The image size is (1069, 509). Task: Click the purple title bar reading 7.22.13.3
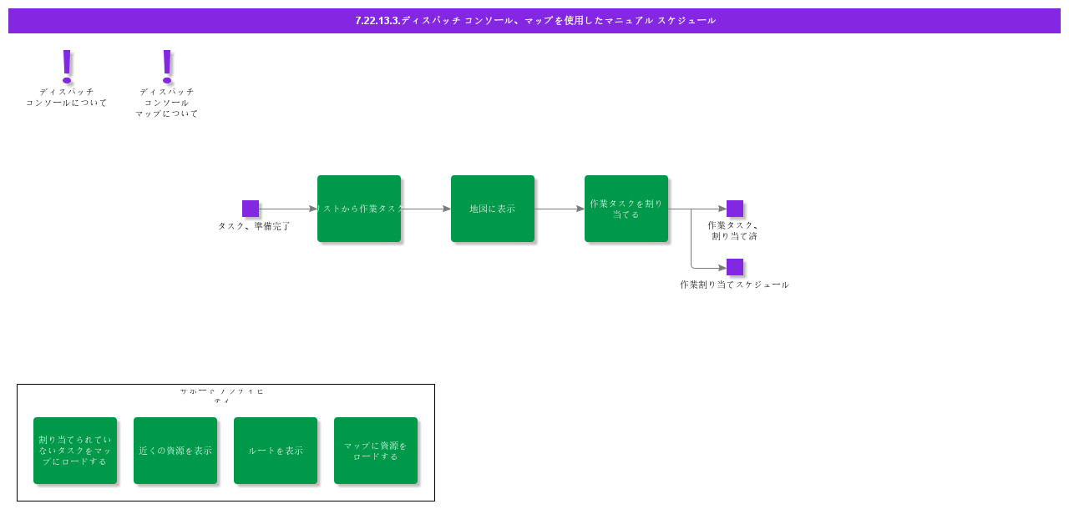point(534,21)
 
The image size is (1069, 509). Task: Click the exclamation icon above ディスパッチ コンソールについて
point(67,65)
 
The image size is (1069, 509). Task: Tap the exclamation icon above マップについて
point(167,65)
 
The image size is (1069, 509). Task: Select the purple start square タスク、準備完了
point(251,209)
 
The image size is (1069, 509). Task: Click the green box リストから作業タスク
point(359,209)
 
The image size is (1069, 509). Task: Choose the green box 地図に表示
point(493,209)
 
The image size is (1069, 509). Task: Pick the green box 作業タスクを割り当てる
point(626,209)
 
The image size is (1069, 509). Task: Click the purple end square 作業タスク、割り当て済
point(735,209)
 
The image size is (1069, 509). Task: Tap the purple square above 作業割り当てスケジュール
point(735,267)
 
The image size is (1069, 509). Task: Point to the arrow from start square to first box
point(288,209)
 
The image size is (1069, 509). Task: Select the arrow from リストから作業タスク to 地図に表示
point(426,209)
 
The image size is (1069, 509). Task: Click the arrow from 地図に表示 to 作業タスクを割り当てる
point(560,209)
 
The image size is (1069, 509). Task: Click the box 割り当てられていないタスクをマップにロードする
point(75,451)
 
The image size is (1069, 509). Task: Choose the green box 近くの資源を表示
point(175,451)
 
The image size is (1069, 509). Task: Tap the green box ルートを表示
point(276,451)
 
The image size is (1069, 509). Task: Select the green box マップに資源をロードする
point(376,451)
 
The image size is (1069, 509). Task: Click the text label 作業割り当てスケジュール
point(734,285)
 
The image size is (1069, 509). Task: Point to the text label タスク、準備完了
point(254,226)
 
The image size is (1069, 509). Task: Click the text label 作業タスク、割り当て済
point(733,230)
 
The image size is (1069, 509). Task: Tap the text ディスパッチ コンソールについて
point(67,98)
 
